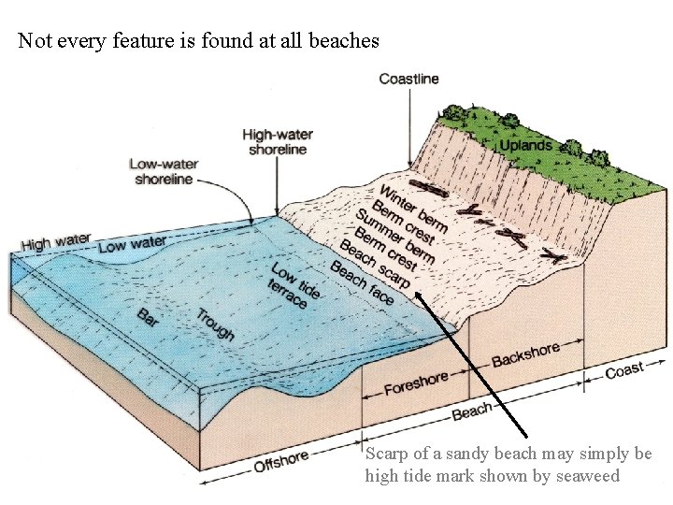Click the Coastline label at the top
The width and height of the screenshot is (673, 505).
(408, 79)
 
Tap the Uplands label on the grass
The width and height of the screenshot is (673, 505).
(525, 145)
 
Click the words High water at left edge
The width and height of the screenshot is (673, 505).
(56, 242)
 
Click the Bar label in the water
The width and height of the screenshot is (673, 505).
(148, 318)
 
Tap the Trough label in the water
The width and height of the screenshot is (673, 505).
(215, 324)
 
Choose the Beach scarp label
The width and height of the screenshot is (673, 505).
(375, 265)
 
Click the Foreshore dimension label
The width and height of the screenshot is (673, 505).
(415, 382)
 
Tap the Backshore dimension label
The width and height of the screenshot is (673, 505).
(525, 355)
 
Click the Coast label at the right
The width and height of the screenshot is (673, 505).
(623, 370)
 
